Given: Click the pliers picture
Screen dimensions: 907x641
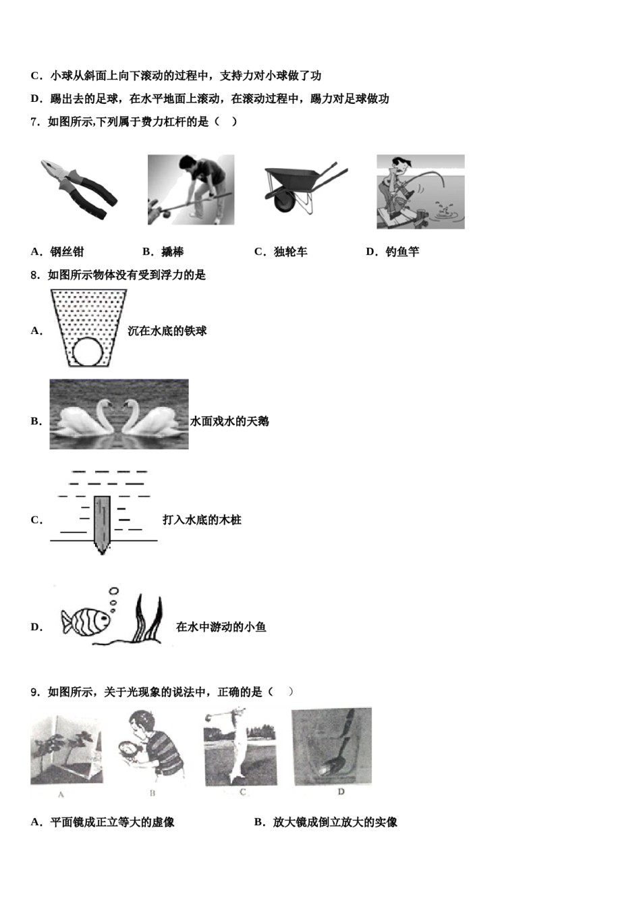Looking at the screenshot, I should point(79,189).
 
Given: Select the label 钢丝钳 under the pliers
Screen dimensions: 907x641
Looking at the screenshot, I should point(67,252).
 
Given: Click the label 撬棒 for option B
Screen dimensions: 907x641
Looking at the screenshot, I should point(172,252).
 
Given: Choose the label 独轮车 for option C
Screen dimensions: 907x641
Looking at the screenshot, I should point(290,252).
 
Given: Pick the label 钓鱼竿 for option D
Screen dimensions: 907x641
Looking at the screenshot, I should point(402,252).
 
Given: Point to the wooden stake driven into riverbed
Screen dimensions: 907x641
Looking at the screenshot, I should point(103,523).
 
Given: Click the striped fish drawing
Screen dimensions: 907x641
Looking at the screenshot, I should point(86,620).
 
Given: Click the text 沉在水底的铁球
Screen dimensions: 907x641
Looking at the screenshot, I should point(167,331).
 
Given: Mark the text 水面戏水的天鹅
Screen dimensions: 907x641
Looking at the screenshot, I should point(229,421).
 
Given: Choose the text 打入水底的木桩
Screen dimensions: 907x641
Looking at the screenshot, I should point(202,520).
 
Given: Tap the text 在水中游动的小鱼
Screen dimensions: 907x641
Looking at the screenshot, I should point(221,627).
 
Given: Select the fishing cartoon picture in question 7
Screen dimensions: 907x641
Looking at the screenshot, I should point(420,192).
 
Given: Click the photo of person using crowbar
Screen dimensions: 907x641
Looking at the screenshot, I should point(191,190).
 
